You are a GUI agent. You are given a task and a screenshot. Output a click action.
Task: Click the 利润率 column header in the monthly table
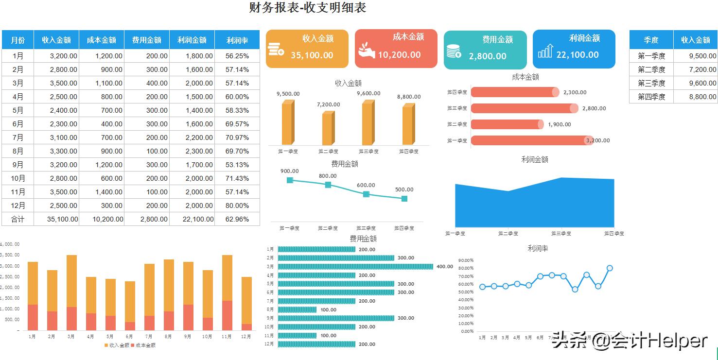click(x=237, y=40)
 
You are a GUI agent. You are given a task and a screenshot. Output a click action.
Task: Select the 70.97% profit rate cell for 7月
click(x=237, y=137)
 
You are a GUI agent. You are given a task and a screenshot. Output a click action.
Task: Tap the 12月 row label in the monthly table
click(x=18, y=206)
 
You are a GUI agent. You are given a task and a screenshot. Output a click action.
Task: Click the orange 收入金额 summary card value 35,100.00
click(x=312, y=55)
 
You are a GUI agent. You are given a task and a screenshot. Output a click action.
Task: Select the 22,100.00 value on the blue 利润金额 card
click(x=578, y=55)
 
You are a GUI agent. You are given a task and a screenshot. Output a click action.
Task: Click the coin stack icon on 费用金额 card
click(x=453, y=51)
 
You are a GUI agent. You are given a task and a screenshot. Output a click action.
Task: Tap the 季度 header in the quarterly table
click(x=651, y=40)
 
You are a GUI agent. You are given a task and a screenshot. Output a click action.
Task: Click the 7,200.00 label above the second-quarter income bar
click(x=329, y=104)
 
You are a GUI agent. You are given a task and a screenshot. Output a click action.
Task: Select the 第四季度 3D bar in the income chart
click(x=408, y=125)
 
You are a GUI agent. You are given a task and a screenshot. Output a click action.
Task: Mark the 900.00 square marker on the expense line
click(x=290, y=180)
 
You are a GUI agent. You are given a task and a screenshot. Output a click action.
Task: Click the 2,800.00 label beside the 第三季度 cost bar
click(x=594, y=108)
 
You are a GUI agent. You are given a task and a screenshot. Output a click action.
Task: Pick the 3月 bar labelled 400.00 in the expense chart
click(x=355, y=266)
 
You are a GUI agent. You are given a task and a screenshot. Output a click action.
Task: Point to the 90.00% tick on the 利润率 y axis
click(x=467, y=260)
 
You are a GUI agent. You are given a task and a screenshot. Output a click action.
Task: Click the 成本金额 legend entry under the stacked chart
click(x=143, y=345)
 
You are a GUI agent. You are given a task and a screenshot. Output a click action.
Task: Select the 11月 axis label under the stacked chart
click(x=227, y=336)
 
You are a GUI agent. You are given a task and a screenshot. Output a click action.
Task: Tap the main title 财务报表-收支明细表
click(x=307, y=8)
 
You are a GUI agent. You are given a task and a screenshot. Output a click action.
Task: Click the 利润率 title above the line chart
click(x=538, y=248)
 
